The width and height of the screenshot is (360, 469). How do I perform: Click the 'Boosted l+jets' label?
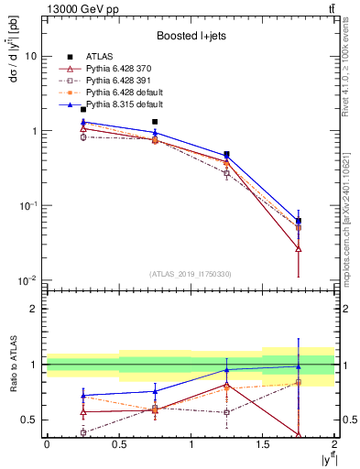click(x=191, y=36)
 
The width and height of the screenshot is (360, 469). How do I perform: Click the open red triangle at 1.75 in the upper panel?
click(x=299, y=248)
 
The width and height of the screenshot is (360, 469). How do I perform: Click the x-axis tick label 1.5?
click(x=263, y=444)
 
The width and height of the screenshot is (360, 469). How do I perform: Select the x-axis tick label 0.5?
click(x=119, y=444)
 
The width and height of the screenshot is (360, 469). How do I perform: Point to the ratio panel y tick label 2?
click(x=34, y=310)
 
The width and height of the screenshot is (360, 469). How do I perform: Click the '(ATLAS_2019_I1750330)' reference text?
click(x=190, y=274)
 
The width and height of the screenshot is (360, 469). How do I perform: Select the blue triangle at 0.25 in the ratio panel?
click(x=82, y=396)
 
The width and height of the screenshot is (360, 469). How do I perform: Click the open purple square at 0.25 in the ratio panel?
click(x=82, y=432)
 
